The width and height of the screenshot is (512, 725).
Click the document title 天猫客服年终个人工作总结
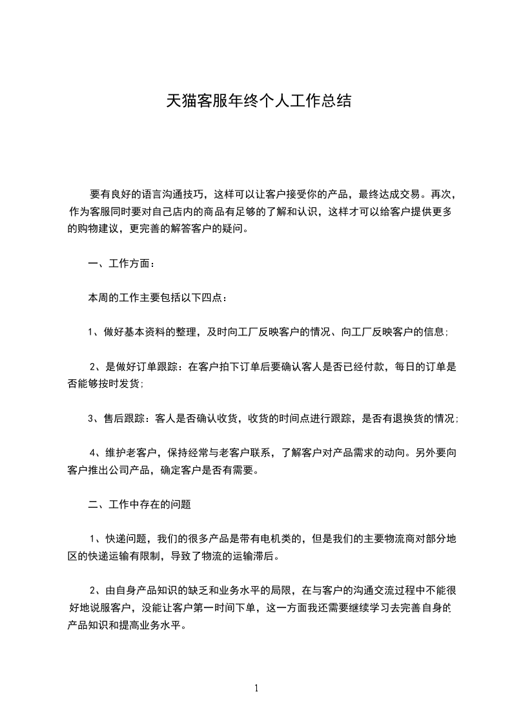tap(258, 101)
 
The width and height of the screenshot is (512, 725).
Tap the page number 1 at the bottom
tap(256, 688)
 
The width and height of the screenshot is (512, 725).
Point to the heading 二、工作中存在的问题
tap(139, 505)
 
